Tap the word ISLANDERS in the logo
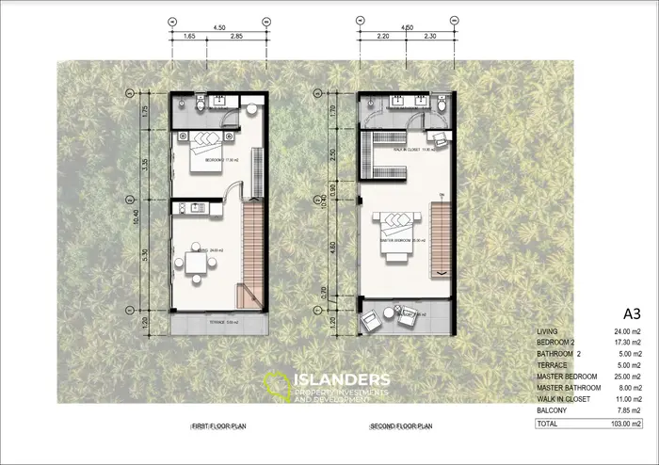point(341,379)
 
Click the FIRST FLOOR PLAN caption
point(217,426)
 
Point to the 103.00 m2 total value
point(622,425)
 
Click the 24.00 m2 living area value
point(624,331)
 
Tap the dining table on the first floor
point(196,262)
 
